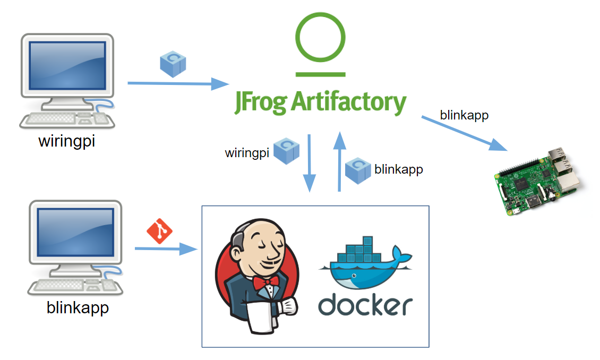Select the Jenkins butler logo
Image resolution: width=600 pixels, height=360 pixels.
[x=257, y=276]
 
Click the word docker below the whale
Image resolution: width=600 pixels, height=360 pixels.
[x=365, y=304]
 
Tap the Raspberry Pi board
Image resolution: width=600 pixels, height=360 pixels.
[x=536, y=181]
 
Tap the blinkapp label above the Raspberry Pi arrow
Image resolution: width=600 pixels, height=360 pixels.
[x=464, y=115]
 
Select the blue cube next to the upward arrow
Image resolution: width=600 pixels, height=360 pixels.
[x=358, y=170]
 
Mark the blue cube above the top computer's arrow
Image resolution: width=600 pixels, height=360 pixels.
[x=173, y=64]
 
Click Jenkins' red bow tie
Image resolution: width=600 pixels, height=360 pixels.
[x=265, y=282]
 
